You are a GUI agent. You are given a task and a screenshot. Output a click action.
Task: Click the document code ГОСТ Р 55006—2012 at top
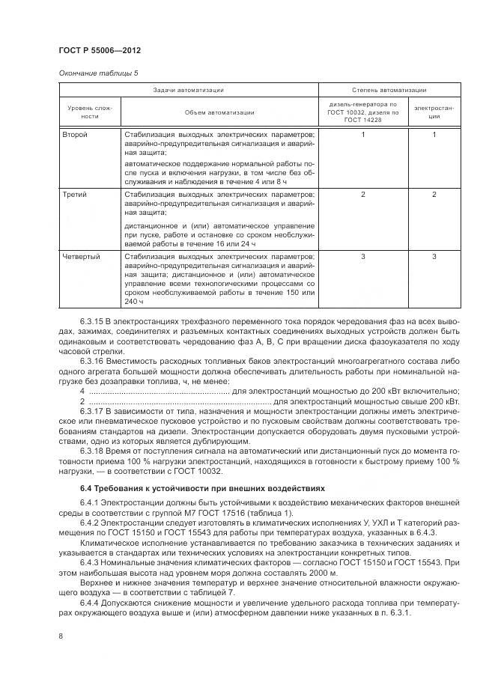pos(99,50)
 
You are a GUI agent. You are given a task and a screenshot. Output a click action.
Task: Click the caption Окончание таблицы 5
pos(97,73)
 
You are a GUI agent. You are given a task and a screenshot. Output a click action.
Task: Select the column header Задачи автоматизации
pos(189,89)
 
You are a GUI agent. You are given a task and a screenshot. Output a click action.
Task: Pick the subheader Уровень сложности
pos(89,112)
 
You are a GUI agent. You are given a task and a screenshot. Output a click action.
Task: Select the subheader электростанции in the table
pos(434,112)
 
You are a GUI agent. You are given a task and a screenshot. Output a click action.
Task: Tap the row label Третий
pos(75,195)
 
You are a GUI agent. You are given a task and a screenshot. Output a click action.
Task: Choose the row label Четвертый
pos(80,256)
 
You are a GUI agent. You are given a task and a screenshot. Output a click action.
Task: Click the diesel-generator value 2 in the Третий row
pos(362,195)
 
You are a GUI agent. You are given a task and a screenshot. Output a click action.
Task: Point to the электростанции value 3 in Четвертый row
pos(434,256)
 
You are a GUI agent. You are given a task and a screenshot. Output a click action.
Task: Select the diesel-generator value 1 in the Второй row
pos(362,135)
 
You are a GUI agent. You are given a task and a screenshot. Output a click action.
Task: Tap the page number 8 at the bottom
pos(60,636)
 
